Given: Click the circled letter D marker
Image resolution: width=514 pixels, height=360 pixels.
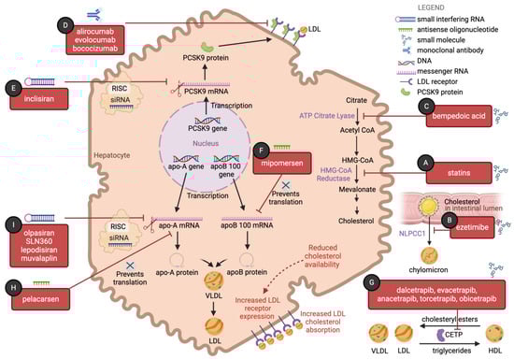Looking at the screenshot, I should [x=64, y=22].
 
